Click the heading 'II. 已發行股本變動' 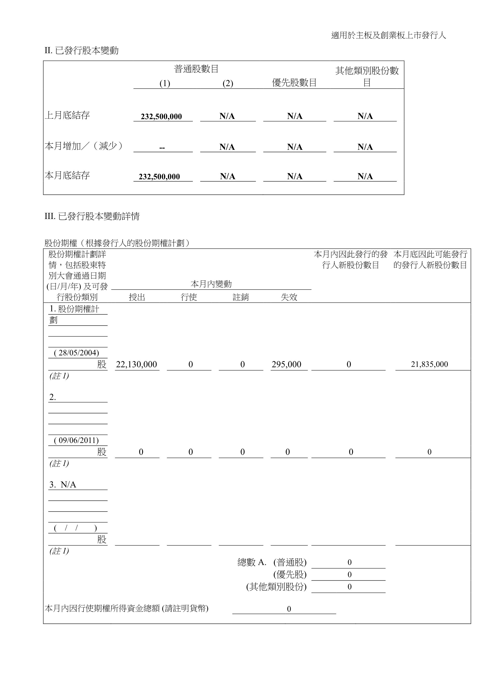point(82,50)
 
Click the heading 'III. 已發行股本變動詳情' point(92,216)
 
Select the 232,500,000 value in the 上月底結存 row point(161,117)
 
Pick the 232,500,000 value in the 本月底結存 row point(159,177)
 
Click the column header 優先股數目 point(294,82)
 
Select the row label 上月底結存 point(67,115)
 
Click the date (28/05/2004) point(76,353)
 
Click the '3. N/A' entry point(63,485)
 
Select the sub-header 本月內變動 point(211,284)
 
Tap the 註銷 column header point(241,297)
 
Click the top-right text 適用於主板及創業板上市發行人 point(389,36)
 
